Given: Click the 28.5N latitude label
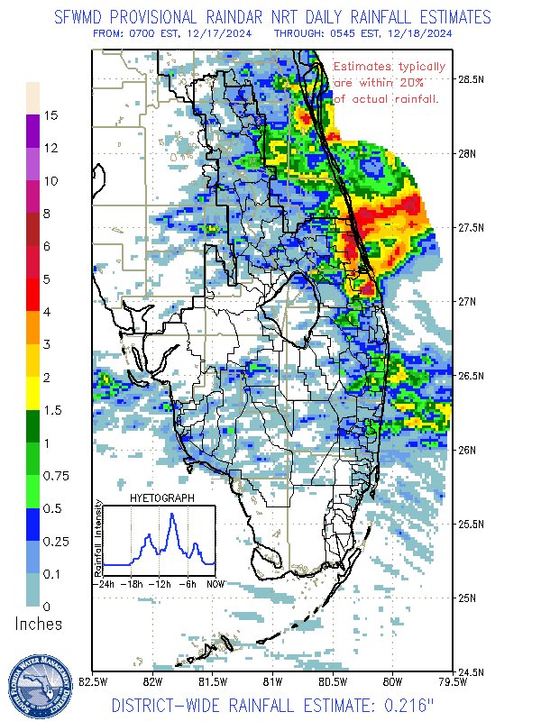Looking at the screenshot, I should pyautogui.click(x=471, y=78).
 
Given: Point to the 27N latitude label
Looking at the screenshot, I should pyautogui.click(x=468, y=301).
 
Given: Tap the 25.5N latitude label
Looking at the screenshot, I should pyautogui.click(x=471, y=524).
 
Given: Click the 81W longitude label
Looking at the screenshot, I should pyautogui.click(x=273, y=682).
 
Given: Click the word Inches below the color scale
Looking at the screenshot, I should pyautogui.click(x=39, y=624).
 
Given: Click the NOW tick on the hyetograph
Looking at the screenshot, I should pyautogui.click(x=215, y=583).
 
